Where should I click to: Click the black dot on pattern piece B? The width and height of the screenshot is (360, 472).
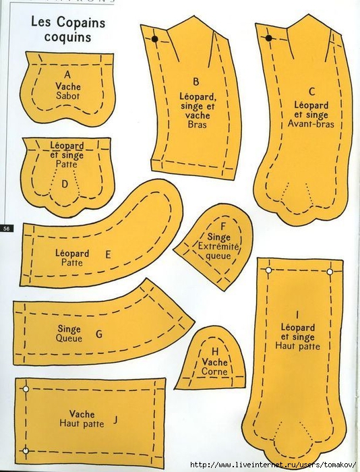pyautogui.click(x=154, y=39)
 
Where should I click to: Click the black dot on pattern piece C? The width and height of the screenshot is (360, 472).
pyautogui.click(x=269, y=38)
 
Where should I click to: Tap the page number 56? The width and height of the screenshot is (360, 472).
pyautogui.click(x=7, y=228)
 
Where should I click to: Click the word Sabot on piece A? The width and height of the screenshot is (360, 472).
pyautogui.click(x=67, y=96)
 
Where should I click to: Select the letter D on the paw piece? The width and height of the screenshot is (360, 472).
pyautogui.click(x=65, y=184)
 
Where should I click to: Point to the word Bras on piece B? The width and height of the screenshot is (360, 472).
pyautogui.click(x=197, y=124)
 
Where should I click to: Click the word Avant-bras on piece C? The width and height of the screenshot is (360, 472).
pyautogui.click(x=311, y=123)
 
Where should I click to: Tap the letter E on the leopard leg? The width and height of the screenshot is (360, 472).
pyautogui.click(x=108, y=255)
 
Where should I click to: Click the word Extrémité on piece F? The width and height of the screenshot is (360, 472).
pyautogui.click(x=218, y=247)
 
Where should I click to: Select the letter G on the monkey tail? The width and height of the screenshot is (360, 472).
pyautogui.click(x=99, y=334)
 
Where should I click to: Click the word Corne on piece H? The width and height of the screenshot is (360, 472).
pyautogui.click(x=214, y=371)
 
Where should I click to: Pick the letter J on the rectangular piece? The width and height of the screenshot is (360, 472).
pyautogui.click(x=115, y=419)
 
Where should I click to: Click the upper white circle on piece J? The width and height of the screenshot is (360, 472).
pyautogui.click(x=26, y=389)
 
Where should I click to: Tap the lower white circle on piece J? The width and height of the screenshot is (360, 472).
pyautogui.click(x=26, y=450)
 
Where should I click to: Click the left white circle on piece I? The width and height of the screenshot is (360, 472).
pyautogui.click(x=268, y=270)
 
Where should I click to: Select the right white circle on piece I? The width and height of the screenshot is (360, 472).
pyautogui.click(x=330, y=272)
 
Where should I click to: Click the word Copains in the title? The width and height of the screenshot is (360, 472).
pyautogui.click(x=81, y=23)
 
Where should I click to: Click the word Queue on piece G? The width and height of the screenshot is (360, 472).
pyautogui.click(x=69, y=338)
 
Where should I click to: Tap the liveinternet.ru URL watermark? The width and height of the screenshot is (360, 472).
pyautogui.click(x=274, y=465)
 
